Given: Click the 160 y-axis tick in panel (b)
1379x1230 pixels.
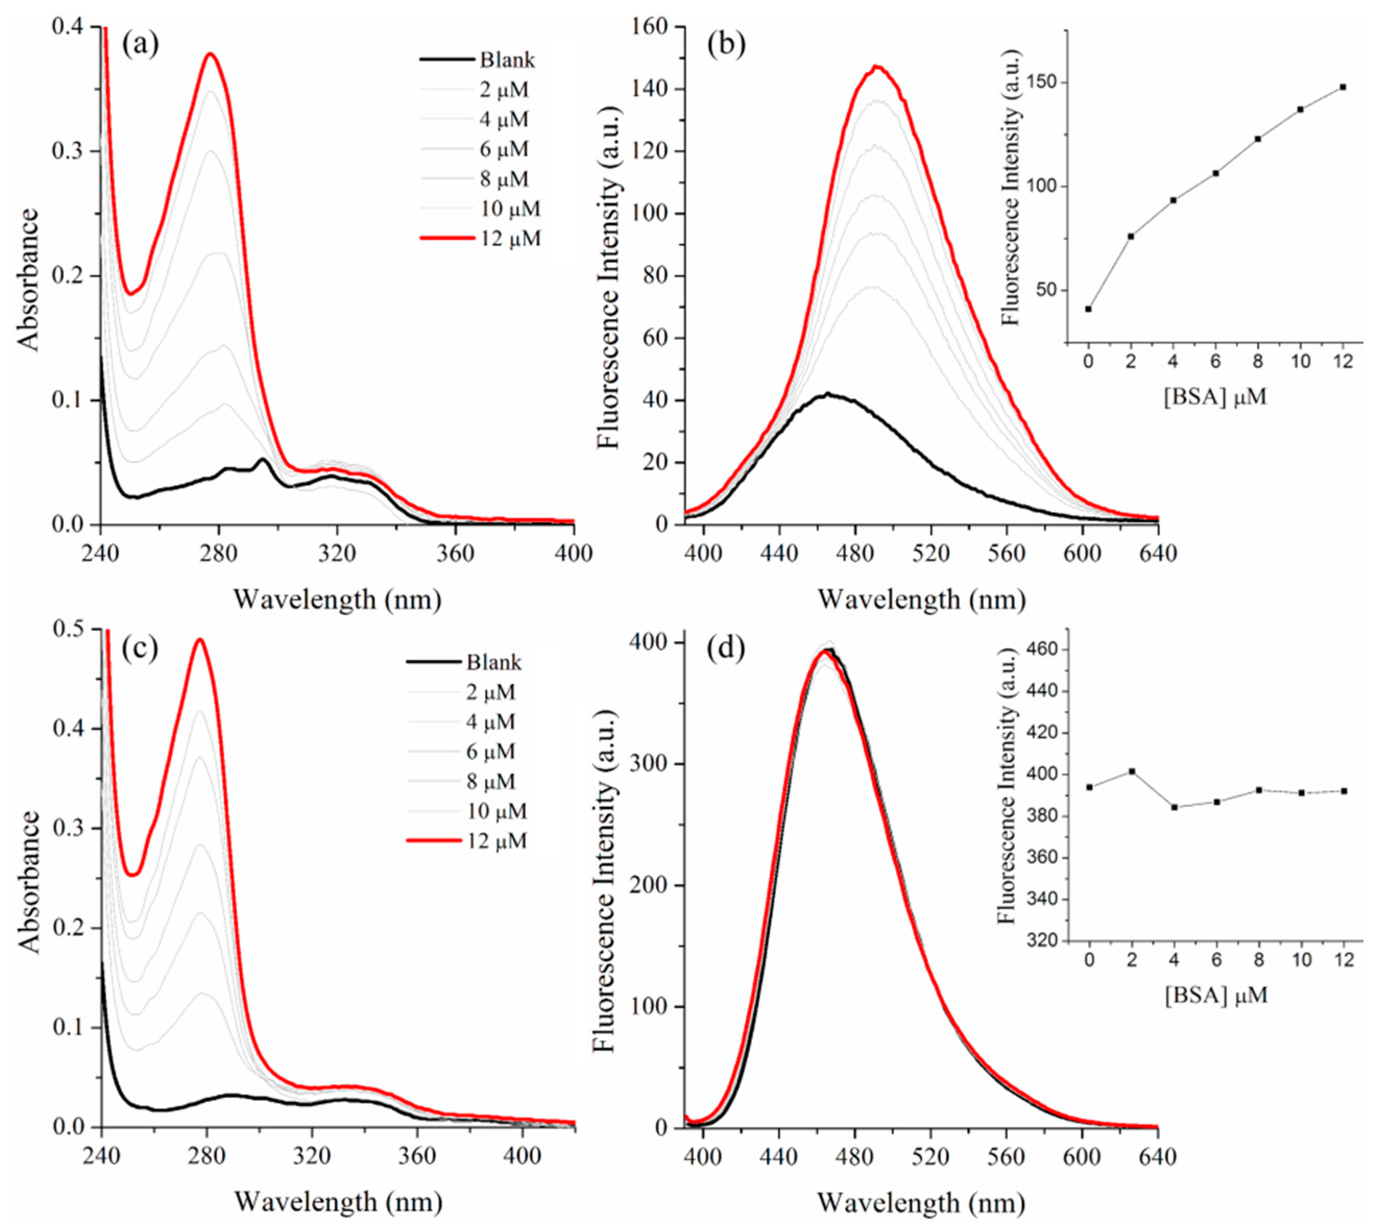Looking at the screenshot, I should [650, 27].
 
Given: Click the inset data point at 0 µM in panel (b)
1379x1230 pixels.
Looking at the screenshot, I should [1088, 309].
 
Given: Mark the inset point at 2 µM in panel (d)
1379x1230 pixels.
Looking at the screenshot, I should [1131, 771].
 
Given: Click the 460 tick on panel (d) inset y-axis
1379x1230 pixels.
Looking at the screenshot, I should [1041, 649].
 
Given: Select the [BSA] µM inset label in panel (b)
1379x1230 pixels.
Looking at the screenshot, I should [1215, 397].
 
